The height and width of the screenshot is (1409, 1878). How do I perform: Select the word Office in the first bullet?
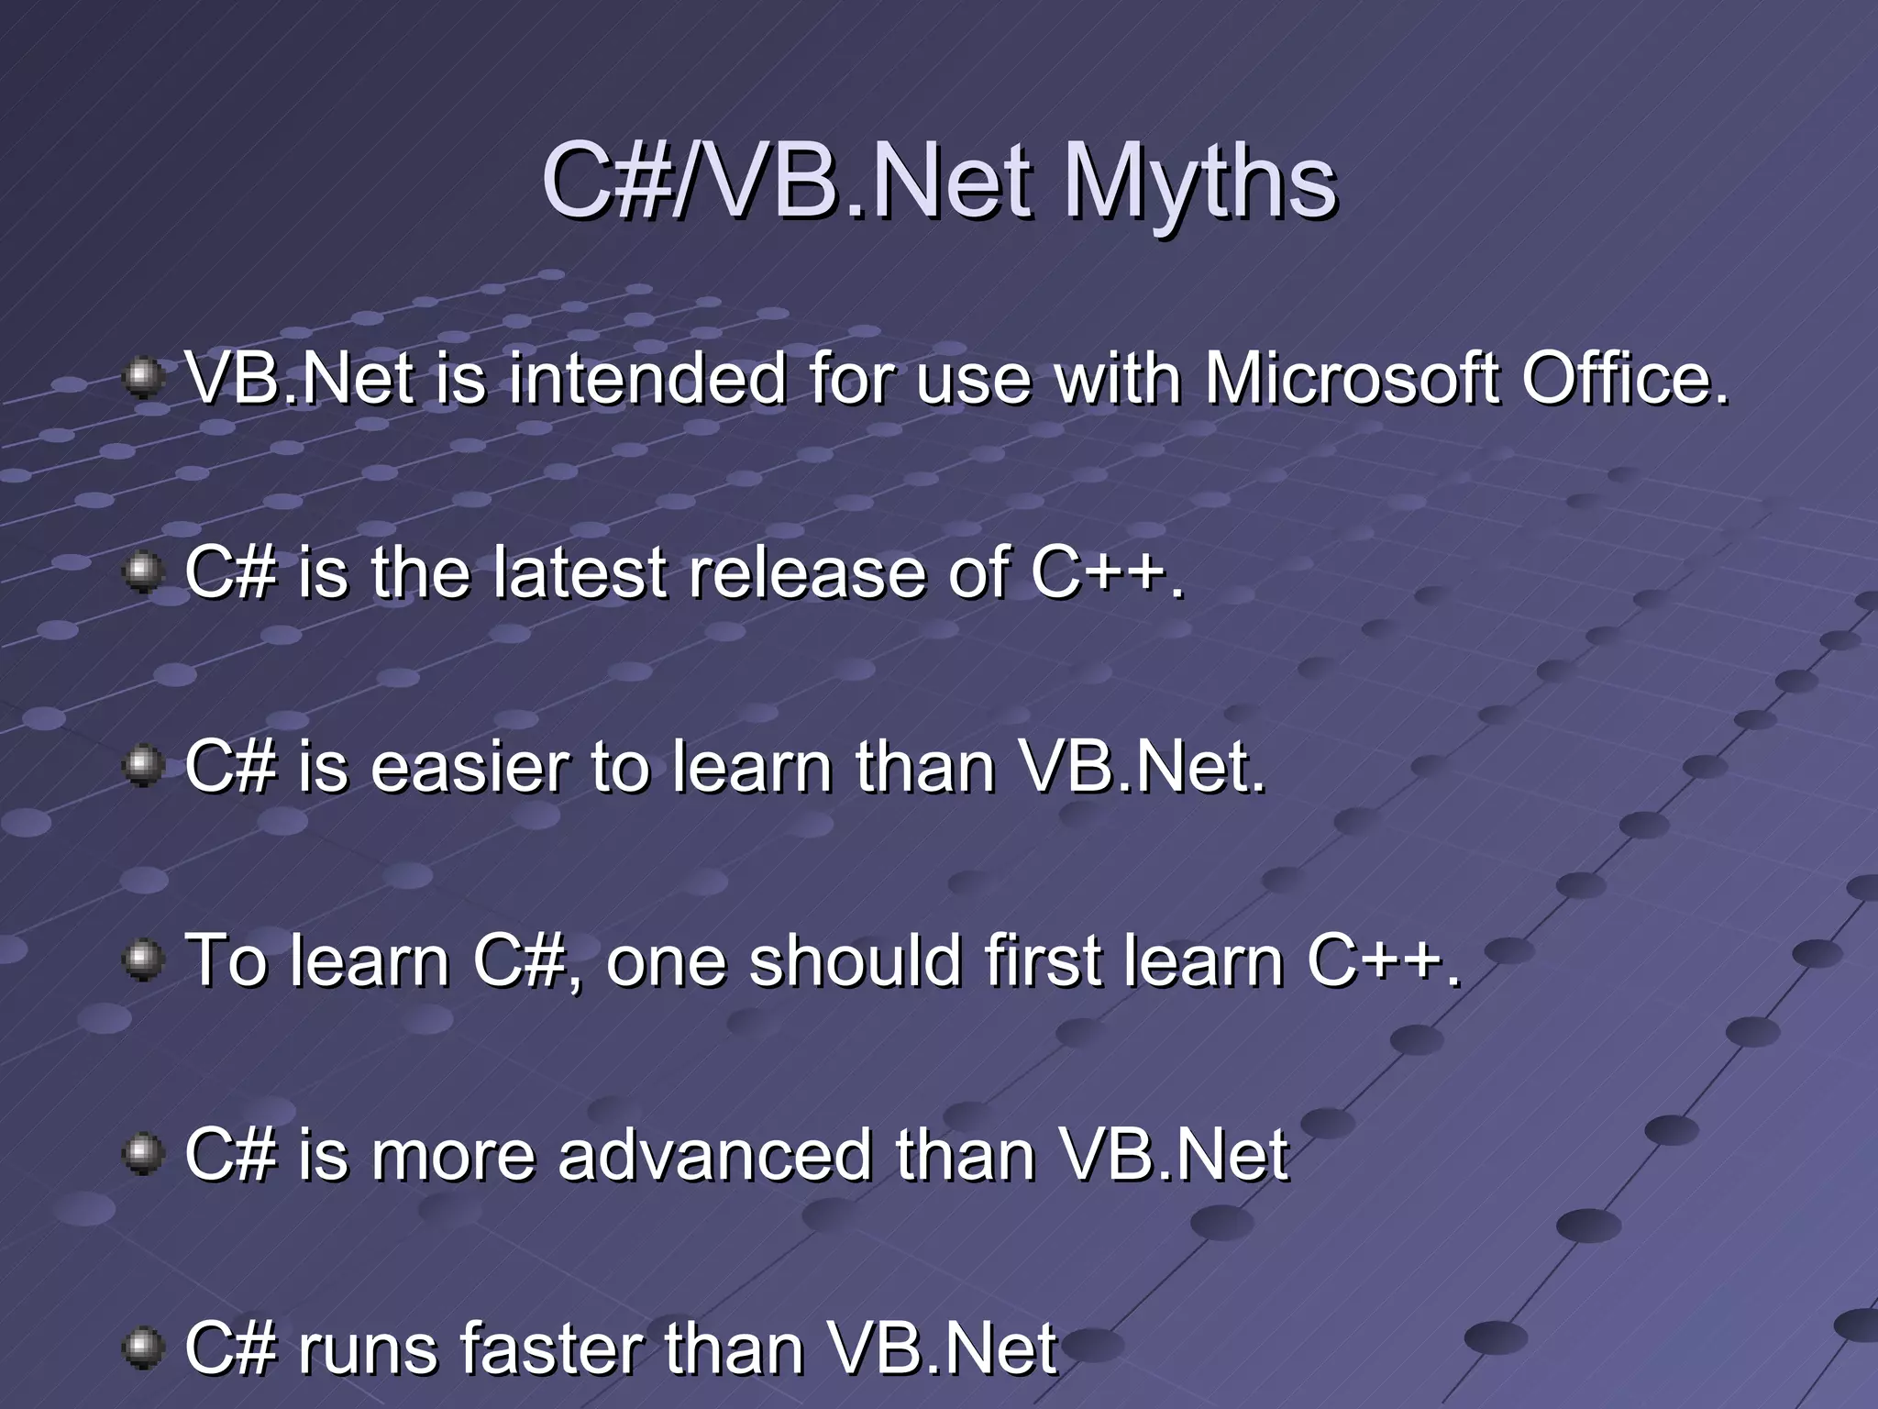pyautogui.click(x=1625, y=379)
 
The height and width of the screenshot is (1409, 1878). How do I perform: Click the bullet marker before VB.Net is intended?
pyautogui.click(x=142, y=378)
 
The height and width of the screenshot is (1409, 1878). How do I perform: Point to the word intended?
pyautogui.click(x=646, y=379)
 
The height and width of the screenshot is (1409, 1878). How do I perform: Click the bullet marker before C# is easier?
pyautogui.click(x=142, y=766)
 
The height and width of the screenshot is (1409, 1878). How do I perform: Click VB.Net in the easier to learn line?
pyautogui.click(x=1142, y=768)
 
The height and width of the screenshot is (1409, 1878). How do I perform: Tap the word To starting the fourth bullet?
pyautogui.click(x=226, y=961)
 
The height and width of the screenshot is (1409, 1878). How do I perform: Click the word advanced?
pyautogui.click(x=715, y=1156)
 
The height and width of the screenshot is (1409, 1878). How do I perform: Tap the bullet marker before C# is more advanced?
pyautogui.click(x=142, y=1154)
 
